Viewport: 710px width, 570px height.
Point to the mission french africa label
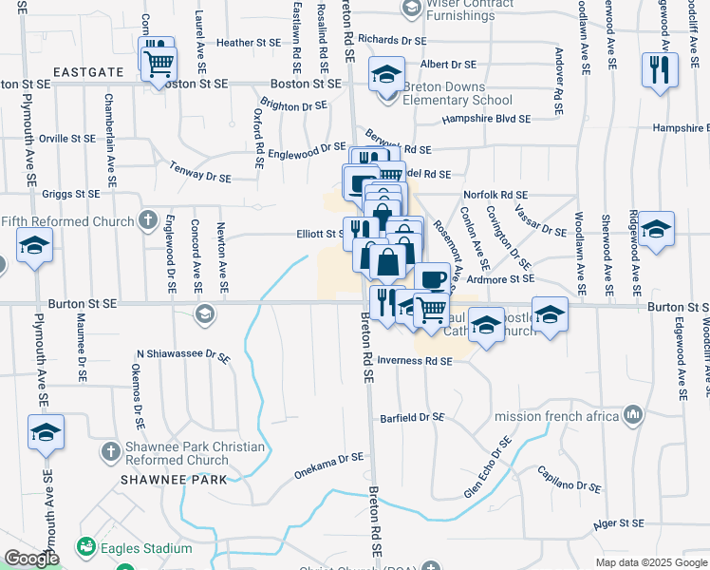[556, 415]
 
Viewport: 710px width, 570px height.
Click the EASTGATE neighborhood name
[88, 71]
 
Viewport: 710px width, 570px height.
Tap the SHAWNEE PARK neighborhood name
[174, 480]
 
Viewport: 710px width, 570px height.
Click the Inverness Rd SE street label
[414, 361]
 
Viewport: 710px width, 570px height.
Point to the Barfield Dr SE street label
[412, 417]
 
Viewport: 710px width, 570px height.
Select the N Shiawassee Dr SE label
[183, 355]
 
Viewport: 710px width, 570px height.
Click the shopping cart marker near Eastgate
[159, 64]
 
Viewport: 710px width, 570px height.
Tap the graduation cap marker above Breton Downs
[386, 74]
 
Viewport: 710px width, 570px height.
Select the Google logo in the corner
[31, 559]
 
